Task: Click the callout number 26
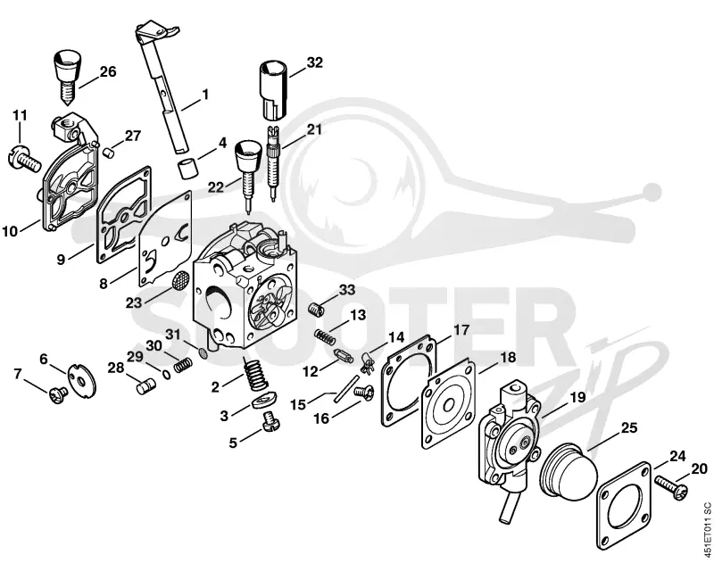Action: [x=108, y=71]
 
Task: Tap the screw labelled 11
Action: [x=25, y=159]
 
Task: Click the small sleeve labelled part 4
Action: [x=187, y=169]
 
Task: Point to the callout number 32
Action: [x=314, y=62]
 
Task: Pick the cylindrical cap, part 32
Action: [x=274, y=89]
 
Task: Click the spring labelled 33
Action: [x=316, y=309]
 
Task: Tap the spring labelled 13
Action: [x=325, y=336]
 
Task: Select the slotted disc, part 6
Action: [x=82, y=380]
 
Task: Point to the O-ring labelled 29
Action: [x=167, y=374]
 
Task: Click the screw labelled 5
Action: [x=270, y=421]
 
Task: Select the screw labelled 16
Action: [x=364, y=393]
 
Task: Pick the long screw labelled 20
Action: [x=671, y=487]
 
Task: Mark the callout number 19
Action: [x=577, y=397]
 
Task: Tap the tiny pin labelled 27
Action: [x=109, y=152]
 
